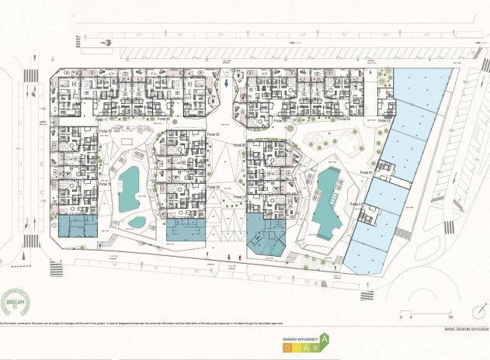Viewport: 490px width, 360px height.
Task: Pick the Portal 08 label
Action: coord(213,187)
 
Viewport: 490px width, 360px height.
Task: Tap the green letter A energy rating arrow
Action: coord(325,339)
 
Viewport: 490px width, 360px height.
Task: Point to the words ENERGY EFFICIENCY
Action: coord(299,339)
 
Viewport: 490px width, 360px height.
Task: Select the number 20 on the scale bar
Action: coord(450,318)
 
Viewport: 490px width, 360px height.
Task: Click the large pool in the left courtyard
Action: coord(128,189)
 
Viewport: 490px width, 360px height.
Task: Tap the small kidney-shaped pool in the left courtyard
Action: coord(137,222)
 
